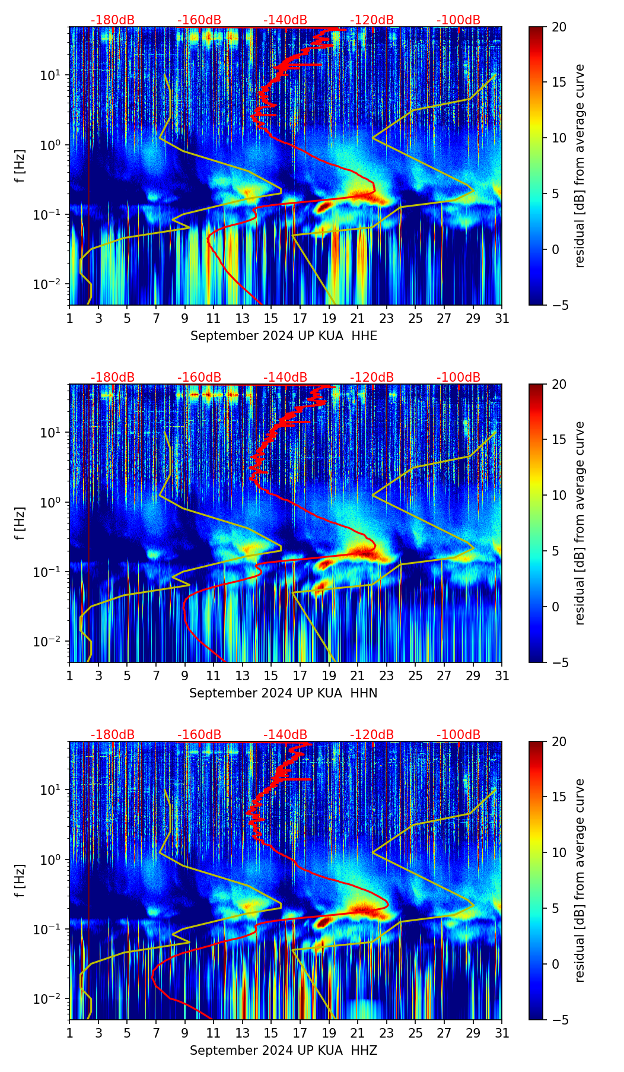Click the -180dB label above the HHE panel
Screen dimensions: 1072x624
coord(113,20)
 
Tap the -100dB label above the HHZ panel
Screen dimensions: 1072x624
coord(459,735)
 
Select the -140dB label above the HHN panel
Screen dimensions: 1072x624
coord(285,378)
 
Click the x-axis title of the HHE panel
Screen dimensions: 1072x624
coord(284,336)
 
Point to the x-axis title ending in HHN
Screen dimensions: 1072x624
coord(284,693)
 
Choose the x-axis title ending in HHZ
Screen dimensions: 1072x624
coord(284,1051)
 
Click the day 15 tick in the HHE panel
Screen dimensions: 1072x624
coord(271,319)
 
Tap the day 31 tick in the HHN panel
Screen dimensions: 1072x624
coord(502,676)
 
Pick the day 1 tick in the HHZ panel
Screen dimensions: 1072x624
coord(69,1033)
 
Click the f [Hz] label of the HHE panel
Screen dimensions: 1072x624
coord(20,166)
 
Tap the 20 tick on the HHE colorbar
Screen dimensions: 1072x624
coord(559,27)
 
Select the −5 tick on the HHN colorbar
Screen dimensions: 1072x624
coord(559,662)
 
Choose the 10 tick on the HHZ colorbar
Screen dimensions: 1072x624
coord(559,853)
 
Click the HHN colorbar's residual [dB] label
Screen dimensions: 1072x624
coord(580,523)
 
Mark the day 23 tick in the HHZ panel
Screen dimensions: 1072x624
coord(387,1033)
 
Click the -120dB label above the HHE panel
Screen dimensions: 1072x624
coord(372,20)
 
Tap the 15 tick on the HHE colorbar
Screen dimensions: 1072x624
coord(559,83)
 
